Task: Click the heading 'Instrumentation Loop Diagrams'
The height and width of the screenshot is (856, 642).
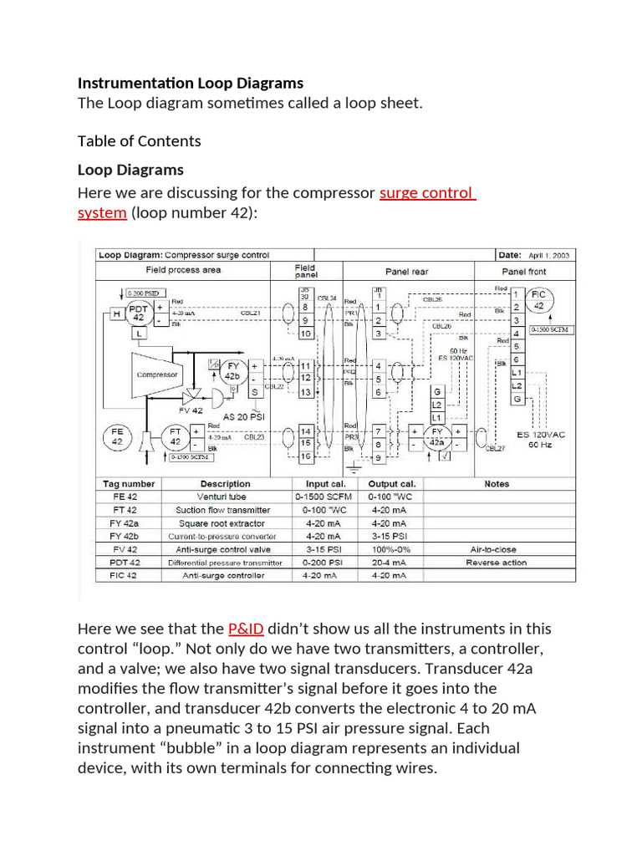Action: tap(191, 84)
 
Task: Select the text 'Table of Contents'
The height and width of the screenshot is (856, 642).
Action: tap(139, 140)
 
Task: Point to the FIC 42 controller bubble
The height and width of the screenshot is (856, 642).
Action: tap(539, 300)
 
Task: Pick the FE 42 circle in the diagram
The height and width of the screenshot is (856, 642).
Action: tap(117, 436)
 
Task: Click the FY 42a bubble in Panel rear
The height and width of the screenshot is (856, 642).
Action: tap(436, 438)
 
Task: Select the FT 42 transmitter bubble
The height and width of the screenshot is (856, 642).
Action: tap(176, 436)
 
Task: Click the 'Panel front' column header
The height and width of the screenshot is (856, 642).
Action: tap(524, 272)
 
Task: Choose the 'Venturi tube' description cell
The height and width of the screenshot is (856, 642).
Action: tap(225, 497)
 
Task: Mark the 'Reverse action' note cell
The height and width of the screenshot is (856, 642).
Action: tap(497, 563)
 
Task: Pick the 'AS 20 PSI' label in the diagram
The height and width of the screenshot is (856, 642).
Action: tap(244, 416)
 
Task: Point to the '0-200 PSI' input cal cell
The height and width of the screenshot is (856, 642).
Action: tap(324, 563)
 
